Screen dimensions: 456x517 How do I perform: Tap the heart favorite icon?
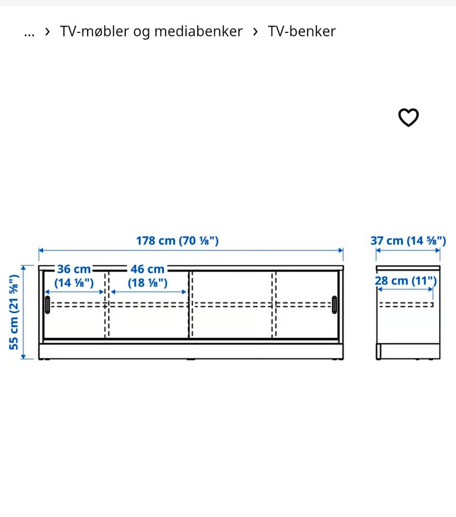click(x=408, y=117)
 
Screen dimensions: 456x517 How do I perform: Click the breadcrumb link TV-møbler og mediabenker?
click(x=151, y=31)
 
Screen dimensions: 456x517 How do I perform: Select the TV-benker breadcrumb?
click(x=302, y=31)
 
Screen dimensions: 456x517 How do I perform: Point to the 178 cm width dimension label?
click(x=178, y=241)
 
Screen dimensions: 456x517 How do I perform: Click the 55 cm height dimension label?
click(x=14, y=312)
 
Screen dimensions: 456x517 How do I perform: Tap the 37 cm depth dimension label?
click(x=408, y=241)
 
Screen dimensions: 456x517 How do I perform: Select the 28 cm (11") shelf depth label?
click(x=406, y=281)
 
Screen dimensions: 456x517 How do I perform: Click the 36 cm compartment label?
click(x=74, y=269)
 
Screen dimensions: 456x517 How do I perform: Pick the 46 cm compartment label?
click(x=148, y=269)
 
